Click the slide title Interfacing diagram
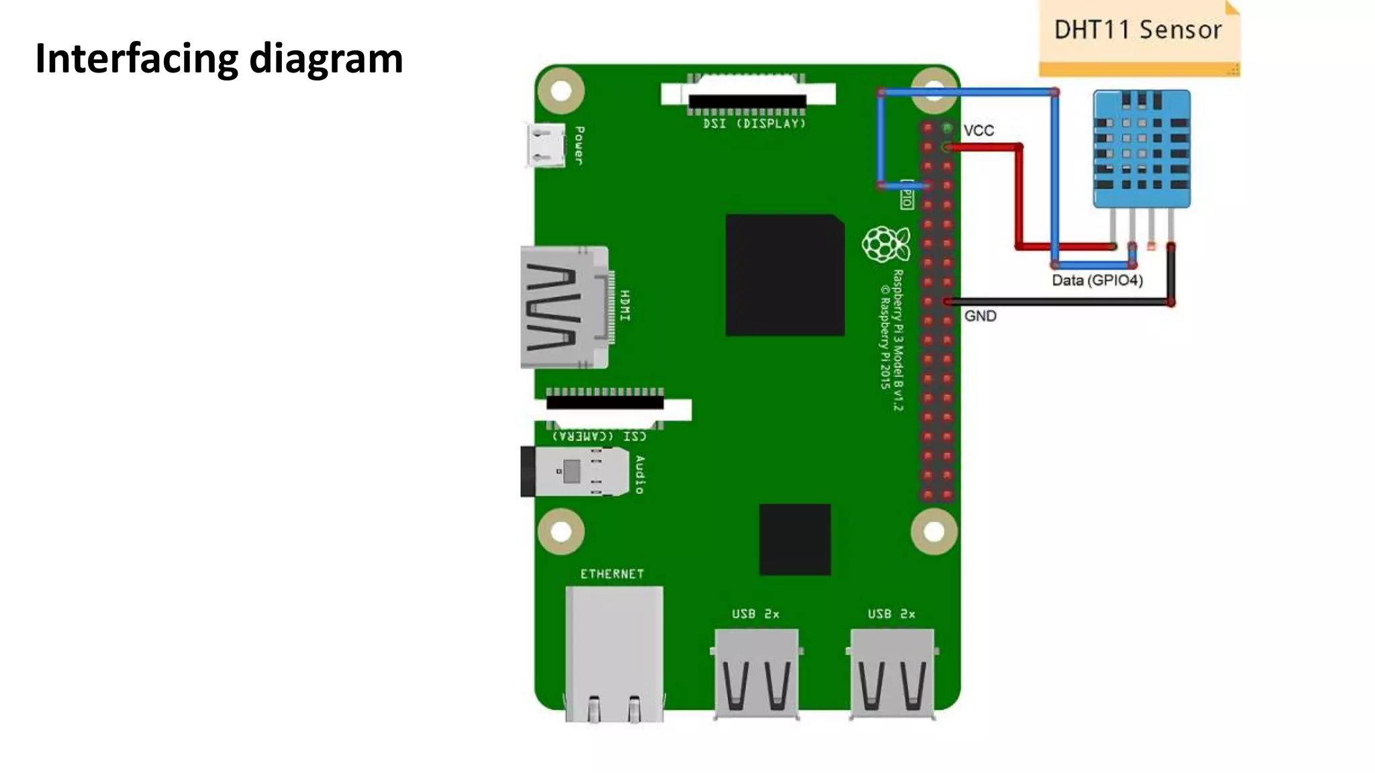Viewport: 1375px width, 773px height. (x=219, y=58)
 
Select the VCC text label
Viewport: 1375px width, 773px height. (x=978, y=131)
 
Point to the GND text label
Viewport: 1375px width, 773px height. (x=980, y=316)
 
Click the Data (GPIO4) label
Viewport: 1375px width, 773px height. (x=1097, y=280)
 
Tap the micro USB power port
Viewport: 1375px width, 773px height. (x=545, y=146)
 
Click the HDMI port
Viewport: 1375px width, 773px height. (x=564, y=307)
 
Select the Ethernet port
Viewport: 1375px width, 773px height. (x=614, y=654)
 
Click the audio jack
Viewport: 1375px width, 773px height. (x=574, y=472)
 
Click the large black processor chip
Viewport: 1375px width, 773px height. (x=784, y=275)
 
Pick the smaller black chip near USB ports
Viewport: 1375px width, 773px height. (x=795, y=539)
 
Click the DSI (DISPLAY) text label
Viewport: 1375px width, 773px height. (x=753, y=124)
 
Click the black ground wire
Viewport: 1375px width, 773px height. (x=1061, y=303)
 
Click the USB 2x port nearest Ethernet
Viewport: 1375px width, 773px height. (x=757, y=673)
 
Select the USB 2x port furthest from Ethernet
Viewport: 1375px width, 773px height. (x=892, y=673)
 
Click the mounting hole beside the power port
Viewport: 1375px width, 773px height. (x=561, y=91)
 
